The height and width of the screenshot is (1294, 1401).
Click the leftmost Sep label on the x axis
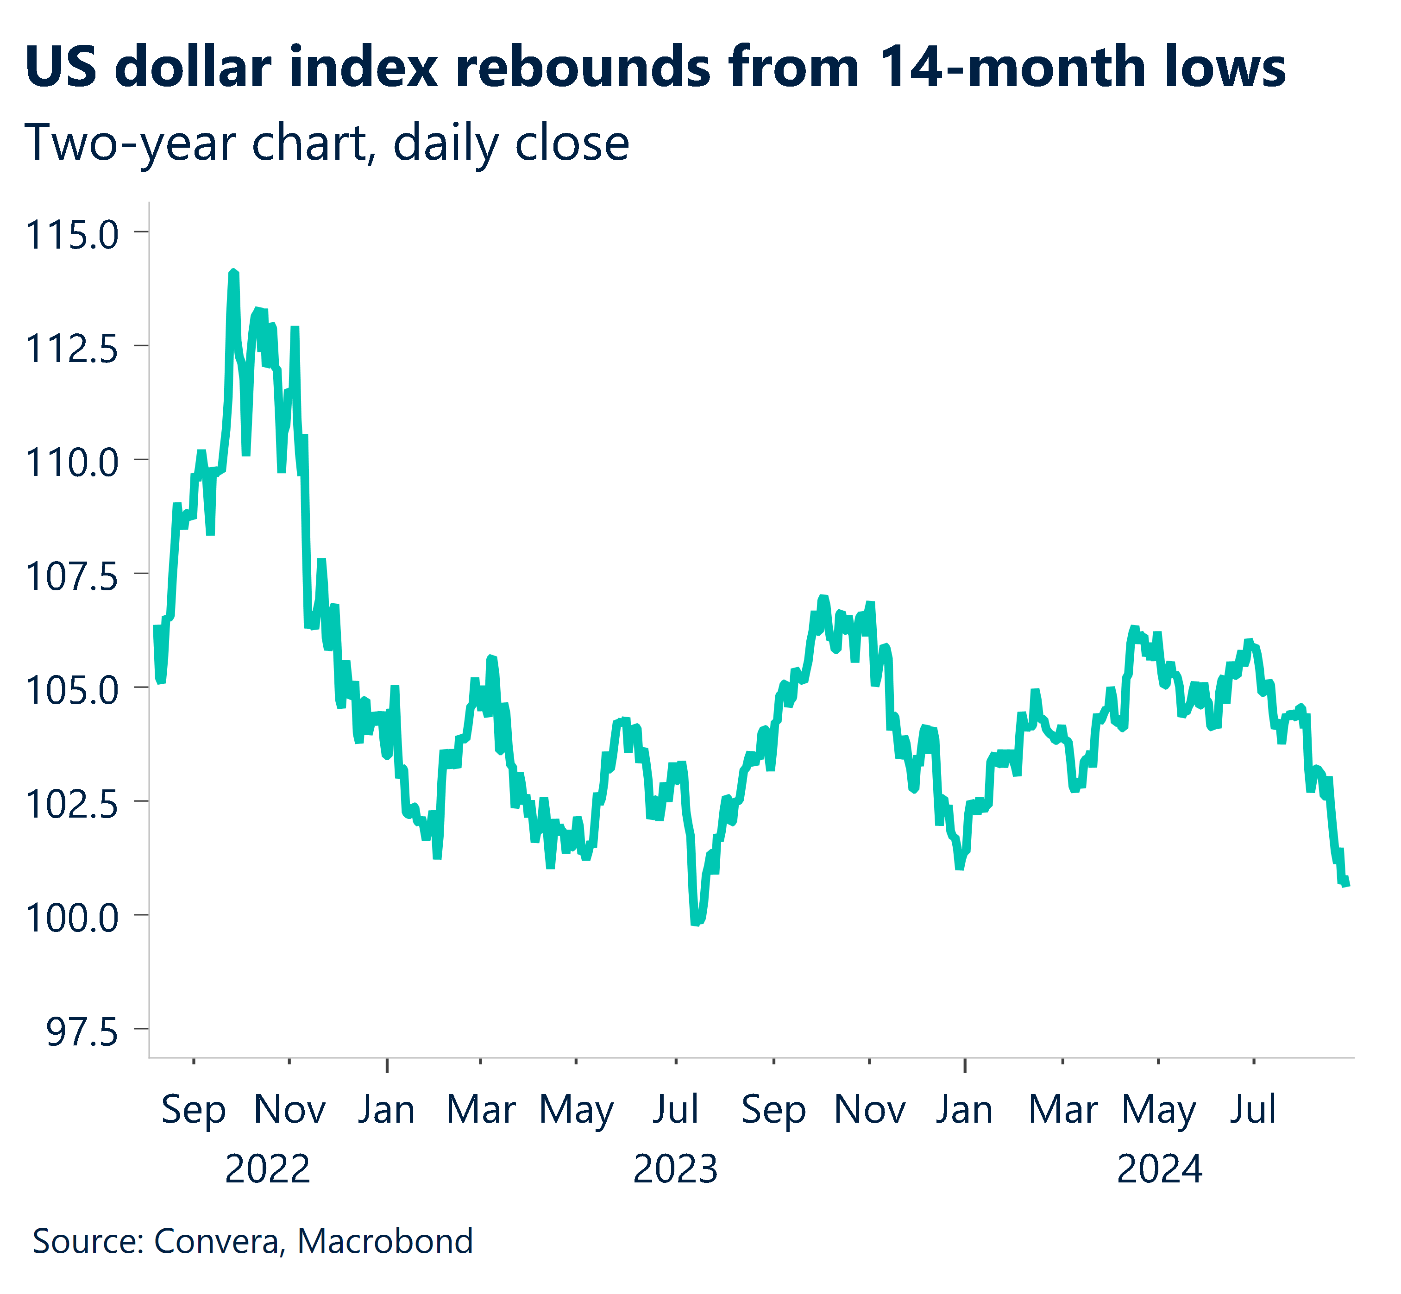coord(193,1110)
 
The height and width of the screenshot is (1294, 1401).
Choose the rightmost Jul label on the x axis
coord(1253,1110)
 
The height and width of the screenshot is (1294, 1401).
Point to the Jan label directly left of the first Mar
coord(387,1110)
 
